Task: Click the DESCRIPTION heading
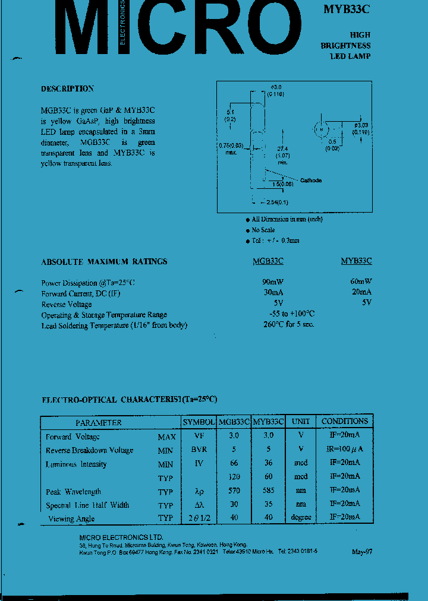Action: (x=67, y=88)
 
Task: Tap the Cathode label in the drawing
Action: (x=310, y=180)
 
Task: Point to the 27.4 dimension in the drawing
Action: (x=282, y=148)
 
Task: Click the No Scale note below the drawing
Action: (x=263, y=230)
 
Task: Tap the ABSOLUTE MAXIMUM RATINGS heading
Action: (x=104, y=261)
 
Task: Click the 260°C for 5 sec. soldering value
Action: (x=289, y=324)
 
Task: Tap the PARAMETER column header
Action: (x=98, y=422)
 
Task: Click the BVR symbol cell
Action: (x=199, y=450)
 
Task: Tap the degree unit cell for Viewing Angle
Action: (x=301, y=517)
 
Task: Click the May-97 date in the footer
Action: (x=361, y=551)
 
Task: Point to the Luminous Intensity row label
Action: (x=76, y=464)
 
